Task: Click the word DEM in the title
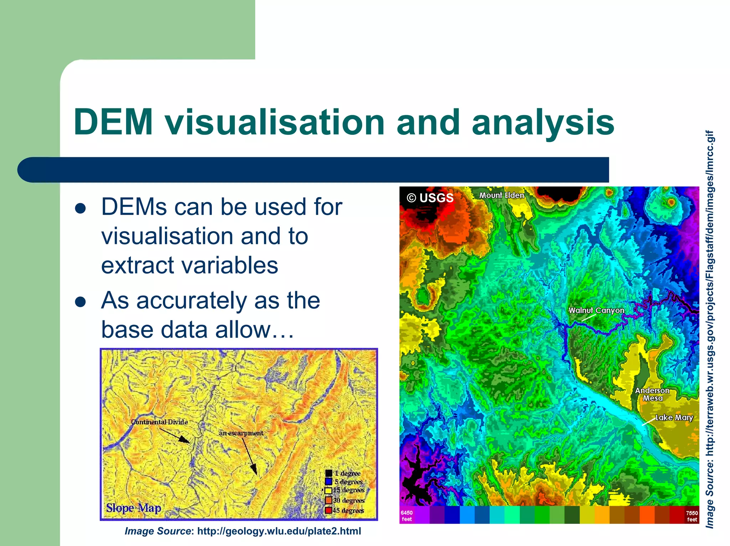click(x=113, y=122)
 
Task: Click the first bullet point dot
click(x=81, y=208)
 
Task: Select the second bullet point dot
click(x=81, y=302)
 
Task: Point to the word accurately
click(x=191, y=300)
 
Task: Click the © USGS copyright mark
click(x=430, y=198)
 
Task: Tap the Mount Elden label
click(x=501, y=195)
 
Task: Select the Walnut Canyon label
click(x=596, y=310)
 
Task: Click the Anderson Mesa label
click(x=652, y=394)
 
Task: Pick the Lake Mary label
click(x=674, y=417)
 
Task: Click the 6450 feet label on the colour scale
click(x=406, y=516)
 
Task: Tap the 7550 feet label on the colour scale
click(x=692, y=516)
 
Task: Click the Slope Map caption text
click(x=134, y=507)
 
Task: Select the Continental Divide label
click(x=159, y=422)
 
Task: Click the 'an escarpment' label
click(x=241, y=433)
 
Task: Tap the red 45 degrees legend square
click(x=328, y=510)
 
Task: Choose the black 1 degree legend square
click(x=328, y=473)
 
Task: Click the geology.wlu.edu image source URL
click(x=279, y=531)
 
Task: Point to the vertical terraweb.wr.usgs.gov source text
click(x=710, y=328)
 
